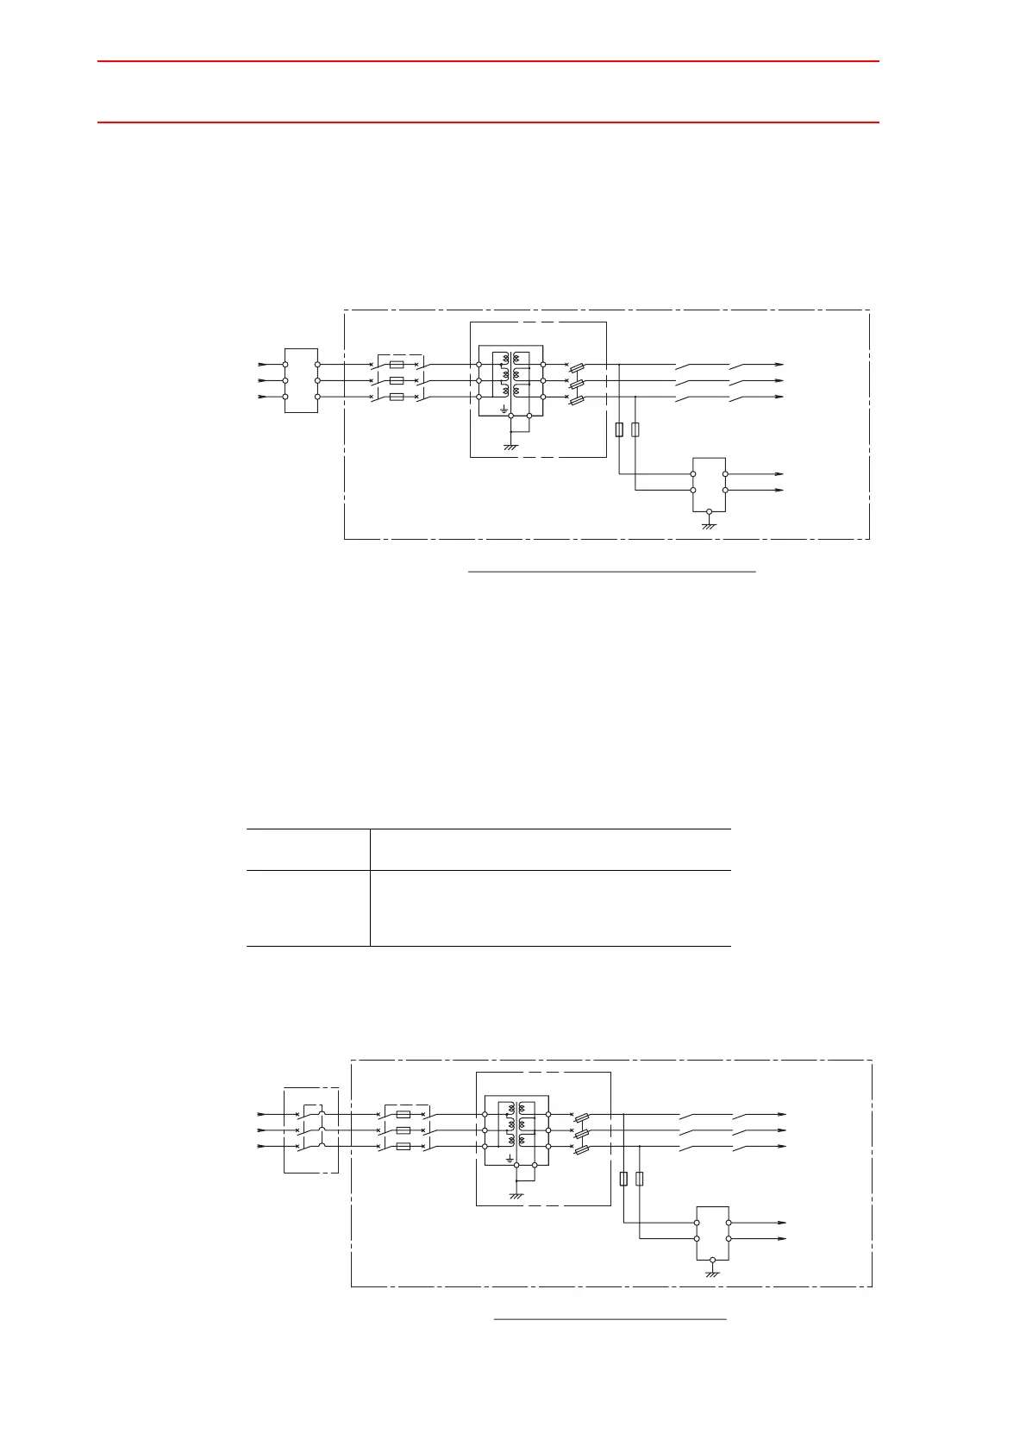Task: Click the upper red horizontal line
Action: point(488,61)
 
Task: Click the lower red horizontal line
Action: point(488,122)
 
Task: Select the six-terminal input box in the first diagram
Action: point(301,380)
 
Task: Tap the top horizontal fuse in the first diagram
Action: point(397,364)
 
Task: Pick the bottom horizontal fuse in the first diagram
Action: point(397,397)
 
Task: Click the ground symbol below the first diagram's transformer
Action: point(510,446)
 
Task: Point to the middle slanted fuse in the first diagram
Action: point(579,381)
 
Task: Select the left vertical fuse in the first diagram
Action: point(619,429)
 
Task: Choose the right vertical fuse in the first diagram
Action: point(635,429)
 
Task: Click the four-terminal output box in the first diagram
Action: point(709,483)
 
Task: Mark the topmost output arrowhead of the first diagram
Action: point(779,364)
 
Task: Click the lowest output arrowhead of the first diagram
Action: point(779,490)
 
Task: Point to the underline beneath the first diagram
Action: point(611,571)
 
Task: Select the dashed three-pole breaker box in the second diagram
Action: point(310,1130)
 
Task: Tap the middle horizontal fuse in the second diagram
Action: point(403,1130)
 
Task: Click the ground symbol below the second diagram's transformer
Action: point(516,1195)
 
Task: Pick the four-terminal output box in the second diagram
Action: point(712,1232)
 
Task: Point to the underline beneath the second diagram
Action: point(610,1318)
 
